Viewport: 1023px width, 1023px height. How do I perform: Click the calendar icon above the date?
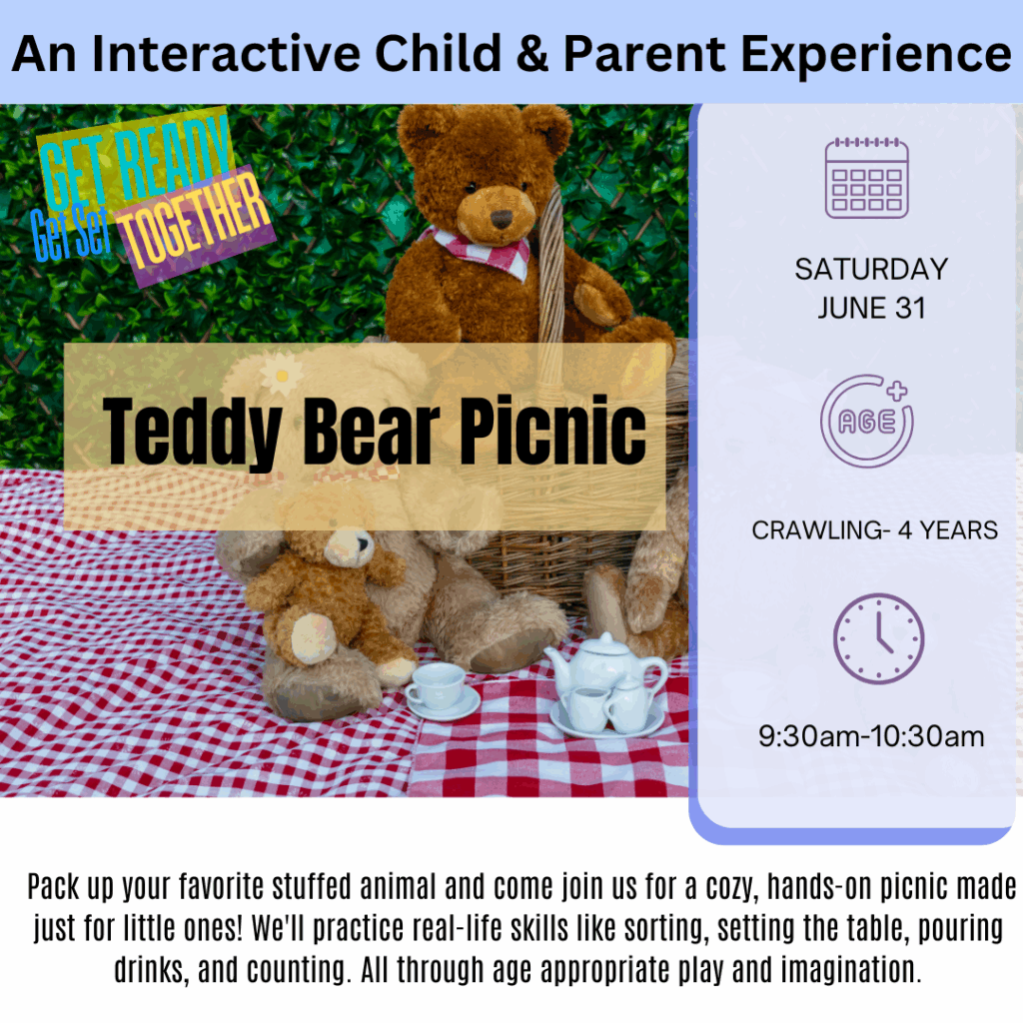tap(866, 178)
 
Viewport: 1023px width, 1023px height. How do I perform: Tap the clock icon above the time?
tap(878, 638)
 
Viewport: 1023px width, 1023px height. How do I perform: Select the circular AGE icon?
tap(867, 421)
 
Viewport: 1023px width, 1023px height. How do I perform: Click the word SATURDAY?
tap(871, 270)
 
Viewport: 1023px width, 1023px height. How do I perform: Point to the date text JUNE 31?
tap(871, 308)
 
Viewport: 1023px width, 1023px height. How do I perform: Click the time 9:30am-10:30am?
tap(871, 736)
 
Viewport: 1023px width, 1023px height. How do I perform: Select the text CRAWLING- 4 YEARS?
tap(874, 530)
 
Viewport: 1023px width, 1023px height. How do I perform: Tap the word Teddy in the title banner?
tap(193, 434)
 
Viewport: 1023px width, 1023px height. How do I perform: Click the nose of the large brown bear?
tap(502, 219)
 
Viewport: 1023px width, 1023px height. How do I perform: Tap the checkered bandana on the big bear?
tap(480, 251)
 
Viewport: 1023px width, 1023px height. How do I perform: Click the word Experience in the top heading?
tap(876, 55)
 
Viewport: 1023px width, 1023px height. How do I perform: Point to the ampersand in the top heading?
tap(532, 54)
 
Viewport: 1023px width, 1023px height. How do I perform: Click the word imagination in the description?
tap(849, 969)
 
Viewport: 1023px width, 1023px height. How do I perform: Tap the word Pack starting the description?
tap(52, 888)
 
